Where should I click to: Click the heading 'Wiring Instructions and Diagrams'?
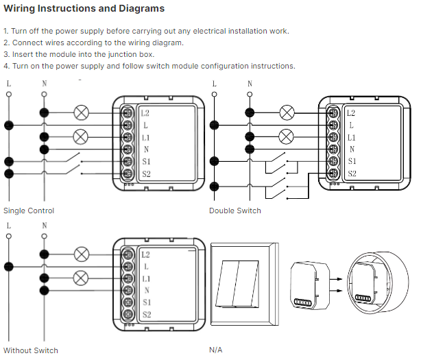tap(84, 9)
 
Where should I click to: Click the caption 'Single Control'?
tap(29, 211)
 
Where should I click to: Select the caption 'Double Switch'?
tap(235, 211)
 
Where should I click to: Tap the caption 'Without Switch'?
tap(31, 350)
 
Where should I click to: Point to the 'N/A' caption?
tap(216, 350)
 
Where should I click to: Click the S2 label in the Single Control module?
tap(146, 174)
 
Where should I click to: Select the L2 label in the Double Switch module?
tap(351, 113)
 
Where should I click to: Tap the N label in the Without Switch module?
tap(146, 290)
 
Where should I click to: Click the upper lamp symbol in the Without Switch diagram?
tap(82, 254)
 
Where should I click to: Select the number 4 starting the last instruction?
tap(5, 66)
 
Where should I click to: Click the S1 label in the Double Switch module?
tap(352, 161)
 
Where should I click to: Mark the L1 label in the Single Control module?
tap(146, 138)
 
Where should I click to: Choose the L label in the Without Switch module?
tap(146, 266)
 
